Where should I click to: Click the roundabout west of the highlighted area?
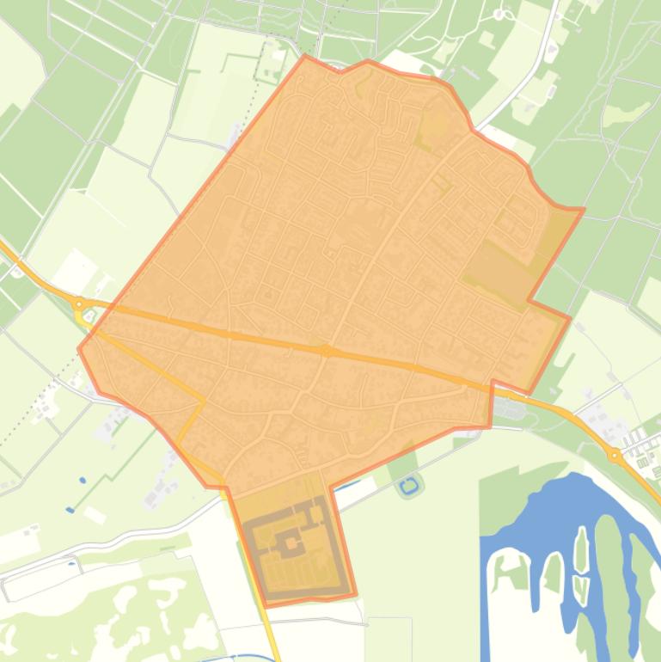tap(79, 303)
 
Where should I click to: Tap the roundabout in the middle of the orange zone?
tap(326, 351)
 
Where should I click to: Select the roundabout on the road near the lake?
tap(615, 455)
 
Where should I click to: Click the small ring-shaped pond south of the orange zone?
tap(409, 486)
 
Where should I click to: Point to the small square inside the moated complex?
tap(291, 542)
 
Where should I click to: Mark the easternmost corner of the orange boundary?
tap(584, 209)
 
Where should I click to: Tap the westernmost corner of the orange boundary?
tap(79, 349)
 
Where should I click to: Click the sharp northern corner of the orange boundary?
tap(305, 57)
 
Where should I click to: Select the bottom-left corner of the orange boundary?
tap(266, 606)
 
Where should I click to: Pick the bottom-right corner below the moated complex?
tap(355, 595)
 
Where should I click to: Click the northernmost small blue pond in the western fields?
tap(83, 480)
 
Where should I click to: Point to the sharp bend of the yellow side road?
tap(203, 401)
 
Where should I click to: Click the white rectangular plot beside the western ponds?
tap(95, 515)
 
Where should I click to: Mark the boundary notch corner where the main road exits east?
tap(493, 382)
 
